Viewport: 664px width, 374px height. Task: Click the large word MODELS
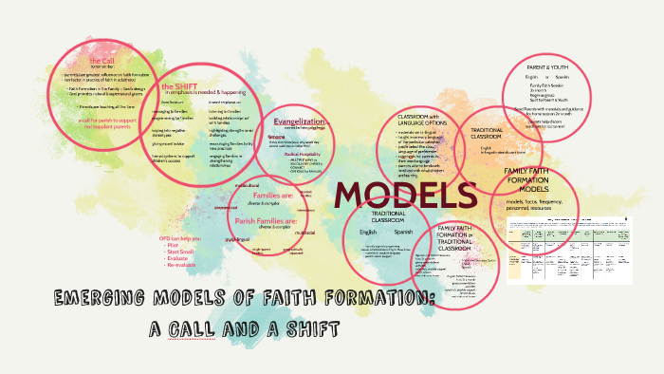coord(405,194)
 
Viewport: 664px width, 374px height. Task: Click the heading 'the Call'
coord(101,59)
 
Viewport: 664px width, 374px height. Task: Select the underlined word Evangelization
coord(301,122)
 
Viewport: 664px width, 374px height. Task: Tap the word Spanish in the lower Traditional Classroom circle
coord(404,232)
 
